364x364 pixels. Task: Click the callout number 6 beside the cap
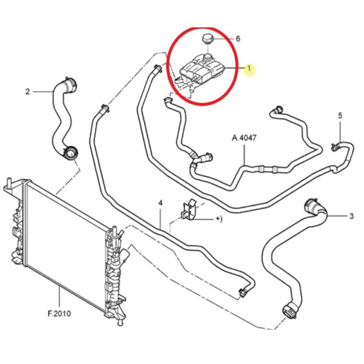pos(238,39)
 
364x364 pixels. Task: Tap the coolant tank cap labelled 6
pos(207,39)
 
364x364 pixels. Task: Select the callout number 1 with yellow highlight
pos(249,68)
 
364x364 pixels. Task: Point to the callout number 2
pos(28,92)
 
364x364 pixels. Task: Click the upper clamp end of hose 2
pos(70,85)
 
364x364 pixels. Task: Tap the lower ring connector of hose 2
pos(71,153)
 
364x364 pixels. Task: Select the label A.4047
pos(244,138)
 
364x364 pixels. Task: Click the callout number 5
pos(340,115)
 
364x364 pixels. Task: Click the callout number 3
pos(351,216)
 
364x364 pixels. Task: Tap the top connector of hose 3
pos(312,206)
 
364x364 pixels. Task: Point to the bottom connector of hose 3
pos(289,312)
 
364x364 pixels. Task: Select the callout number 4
pos(160,203)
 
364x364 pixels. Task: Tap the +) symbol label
pos(219,218)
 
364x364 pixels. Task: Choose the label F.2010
pos(59,314)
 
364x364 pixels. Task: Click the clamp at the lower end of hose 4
pos(243,292)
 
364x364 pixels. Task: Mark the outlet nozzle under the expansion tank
pos(192,89)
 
